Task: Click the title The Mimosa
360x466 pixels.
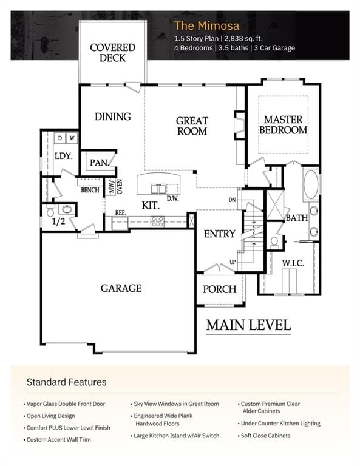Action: coord(206,25)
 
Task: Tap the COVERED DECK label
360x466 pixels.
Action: coord(113,53)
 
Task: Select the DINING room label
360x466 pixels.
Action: coord(113,116)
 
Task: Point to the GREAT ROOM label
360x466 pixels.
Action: coord(192,126)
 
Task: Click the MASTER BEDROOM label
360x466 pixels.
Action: coord(284,125)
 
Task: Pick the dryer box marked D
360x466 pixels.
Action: coord(60,138)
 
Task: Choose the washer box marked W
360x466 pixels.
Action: coord(72,138)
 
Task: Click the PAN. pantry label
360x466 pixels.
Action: coord(100,163)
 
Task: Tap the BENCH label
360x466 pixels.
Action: coord(90,190)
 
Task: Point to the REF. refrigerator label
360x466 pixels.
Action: coord(120,213)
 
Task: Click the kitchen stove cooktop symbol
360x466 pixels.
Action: coord(157,221)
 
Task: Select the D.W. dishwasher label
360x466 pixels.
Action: coord(173,198)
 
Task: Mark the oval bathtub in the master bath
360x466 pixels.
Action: coord(311,184)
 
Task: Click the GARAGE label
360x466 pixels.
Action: coord(121,288)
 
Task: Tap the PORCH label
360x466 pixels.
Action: coord(220,289)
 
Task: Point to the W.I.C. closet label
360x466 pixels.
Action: coord(293,263)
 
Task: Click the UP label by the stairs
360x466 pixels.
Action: coord(233,262)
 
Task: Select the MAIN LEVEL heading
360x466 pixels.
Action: coord(248,325)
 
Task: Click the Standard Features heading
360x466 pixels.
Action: coord(66,382)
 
